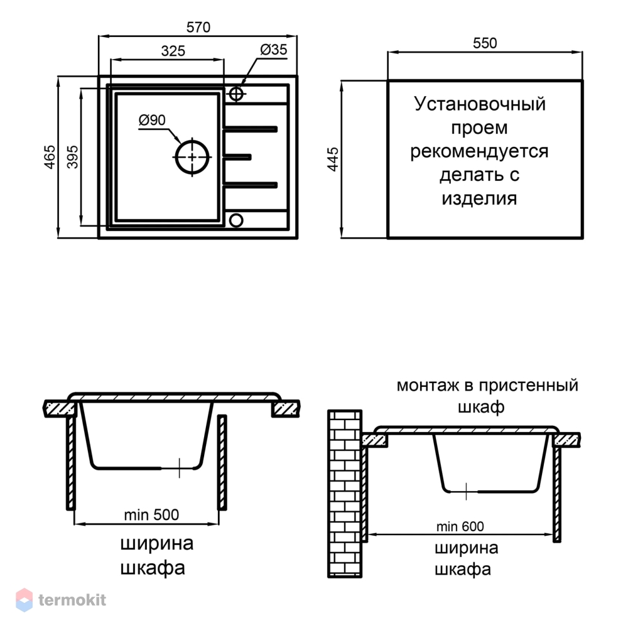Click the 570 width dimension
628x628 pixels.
(198, 27)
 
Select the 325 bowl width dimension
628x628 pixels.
(173, 51)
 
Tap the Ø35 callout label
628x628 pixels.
(274, 50)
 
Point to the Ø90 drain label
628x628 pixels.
(152, 120)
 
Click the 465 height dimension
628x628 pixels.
(50, 157)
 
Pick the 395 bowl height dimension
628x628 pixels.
(72, 157)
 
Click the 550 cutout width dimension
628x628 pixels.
(485, 43)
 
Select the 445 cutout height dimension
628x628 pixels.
(333, 160)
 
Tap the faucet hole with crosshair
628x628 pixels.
(236, 94)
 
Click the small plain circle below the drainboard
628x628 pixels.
(236, 220)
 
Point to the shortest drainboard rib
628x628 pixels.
(237, 157)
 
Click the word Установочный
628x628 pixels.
(480, 104)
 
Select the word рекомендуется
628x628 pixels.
(479, 152)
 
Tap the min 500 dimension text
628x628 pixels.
(151, 515)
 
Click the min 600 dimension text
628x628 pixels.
(460, 526)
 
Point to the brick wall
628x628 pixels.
(345, 494)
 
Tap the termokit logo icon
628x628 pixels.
(24, 600)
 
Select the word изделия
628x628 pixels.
(479, 198)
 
